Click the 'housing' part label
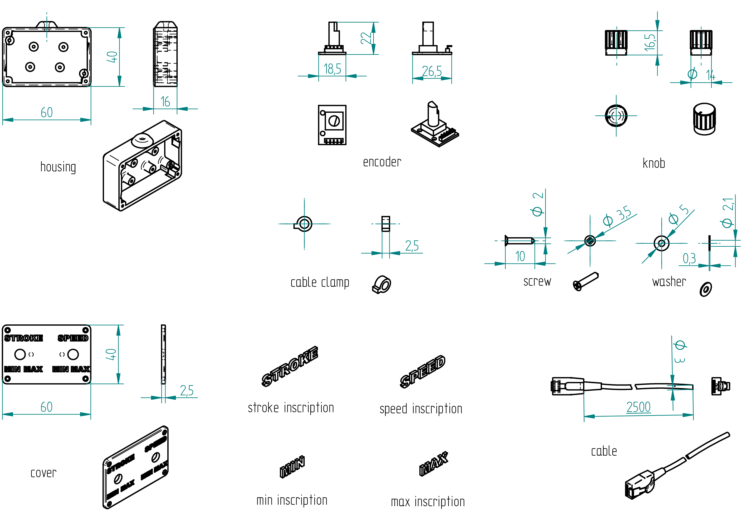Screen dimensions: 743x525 click(x=58, y=167)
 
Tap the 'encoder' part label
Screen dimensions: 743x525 click(x=382, y=162)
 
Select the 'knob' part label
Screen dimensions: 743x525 click(x=654, y=163)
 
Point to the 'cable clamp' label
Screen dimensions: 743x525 click(x=320, y=282)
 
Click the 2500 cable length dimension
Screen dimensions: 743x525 click(x=638, y=407)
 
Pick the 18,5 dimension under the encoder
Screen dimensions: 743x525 click(x=332, y=69)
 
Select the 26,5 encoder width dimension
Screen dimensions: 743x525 click(x=432, y=71)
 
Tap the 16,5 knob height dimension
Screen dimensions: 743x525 click(x=649, y=42)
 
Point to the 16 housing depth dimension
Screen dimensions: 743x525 click(x=165, y=102)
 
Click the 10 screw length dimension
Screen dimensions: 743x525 click(x=520, y=256)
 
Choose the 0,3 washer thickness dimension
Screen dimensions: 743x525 click(x=689, y=259)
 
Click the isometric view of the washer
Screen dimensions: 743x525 click(x=706, y=289)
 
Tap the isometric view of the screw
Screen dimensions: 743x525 click(x=586, y=281)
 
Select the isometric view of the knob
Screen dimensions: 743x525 click(x=704, y=119)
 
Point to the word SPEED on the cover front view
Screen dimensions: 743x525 click(x=73, y=338)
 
